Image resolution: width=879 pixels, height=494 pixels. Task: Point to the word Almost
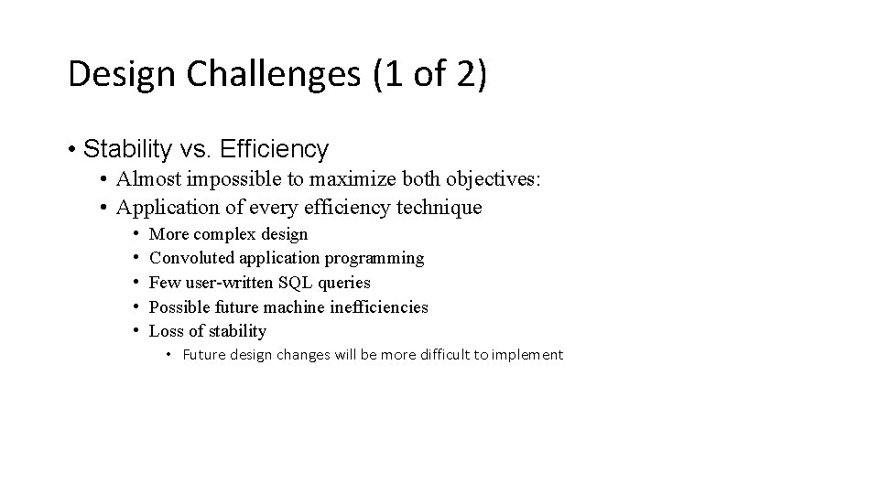click(146, 180)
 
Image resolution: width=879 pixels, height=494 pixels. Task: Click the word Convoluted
click(189, 259)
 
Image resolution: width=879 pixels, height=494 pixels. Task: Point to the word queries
click(344, 284)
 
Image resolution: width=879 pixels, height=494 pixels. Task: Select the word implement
click(529, 355)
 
